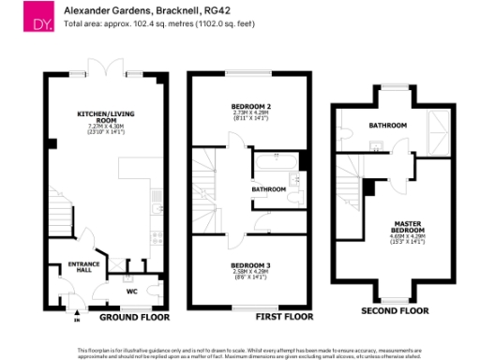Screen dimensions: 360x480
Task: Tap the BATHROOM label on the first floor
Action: pyautogui.click(x=268, y=189)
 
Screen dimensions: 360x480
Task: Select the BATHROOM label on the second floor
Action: pyautogui.click(x=386, y=125)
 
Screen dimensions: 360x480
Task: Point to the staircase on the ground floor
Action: pyautogui.click(x=60, y=222)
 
